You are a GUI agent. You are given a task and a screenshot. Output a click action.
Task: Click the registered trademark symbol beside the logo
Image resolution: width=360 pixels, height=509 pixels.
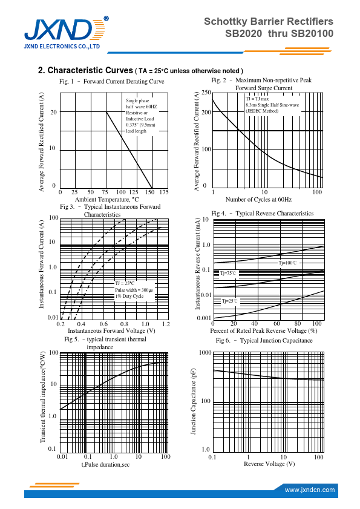(x=106, y=19)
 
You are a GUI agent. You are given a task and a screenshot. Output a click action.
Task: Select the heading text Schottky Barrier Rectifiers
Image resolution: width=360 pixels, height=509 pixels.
(x=269, y=21)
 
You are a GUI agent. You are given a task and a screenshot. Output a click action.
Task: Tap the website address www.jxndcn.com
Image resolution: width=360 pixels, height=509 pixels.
(x=310, y=490)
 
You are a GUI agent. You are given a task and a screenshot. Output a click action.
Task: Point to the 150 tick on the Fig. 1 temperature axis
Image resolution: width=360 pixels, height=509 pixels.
(x=149, y=192)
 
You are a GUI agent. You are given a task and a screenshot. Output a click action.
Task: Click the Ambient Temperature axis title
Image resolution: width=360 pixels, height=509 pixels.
(x=107, y=199)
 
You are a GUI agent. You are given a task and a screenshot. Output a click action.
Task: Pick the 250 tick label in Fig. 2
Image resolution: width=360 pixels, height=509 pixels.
(x=206, y=93)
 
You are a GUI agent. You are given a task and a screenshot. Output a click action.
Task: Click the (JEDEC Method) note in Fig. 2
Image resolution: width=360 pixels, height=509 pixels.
(x=262, y=111)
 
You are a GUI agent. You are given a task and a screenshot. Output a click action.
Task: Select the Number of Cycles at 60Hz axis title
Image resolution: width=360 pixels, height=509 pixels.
(x=258, y=199)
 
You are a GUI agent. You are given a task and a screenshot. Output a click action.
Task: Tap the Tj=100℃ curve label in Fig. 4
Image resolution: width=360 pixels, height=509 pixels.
(x=287, y=263)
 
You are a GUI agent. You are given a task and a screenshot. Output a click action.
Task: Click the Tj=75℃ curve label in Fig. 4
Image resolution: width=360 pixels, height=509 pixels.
(x=229, y=274)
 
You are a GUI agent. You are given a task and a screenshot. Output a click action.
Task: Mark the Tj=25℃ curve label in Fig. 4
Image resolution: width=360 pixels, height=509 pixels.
(x=229, y=301)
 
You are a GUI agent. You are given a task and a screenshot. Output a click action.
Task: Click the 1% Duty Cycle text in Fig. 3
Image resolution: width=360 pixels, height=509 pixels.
(x=129, y=296)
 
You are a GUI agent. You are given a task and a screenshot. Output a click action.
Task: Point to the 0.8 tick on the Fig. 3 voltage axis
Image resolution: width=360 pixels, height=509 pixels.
(x=124, y=324)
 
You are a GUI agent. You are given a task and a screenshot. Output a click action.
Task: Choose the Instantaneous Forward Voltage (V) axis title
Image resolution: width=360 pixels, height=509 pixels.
(x=111, y=331)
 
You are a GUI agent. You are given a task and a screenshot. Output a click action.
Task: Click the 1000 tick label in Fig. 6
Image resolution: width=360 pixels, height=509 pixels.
(x=205, y=352)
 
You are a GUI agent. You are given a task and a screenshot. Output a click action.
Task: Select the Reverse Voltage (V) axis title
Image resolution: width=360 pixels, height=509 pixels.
(x=269, y=464)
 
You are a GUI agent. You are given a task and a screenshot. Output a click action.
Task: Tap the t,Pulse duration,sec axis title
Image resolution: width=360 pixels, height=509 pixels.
(x=105, y=465)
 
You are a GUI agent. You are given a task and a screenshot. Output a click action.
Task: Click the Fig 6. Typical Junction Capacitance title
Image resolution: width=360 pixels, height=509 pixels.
(x=264, y=341)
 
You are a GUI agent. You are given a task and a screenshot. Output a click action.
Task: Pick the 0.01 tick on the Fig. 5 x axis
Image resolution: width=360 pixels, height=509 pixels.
(x=62, y=457)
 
